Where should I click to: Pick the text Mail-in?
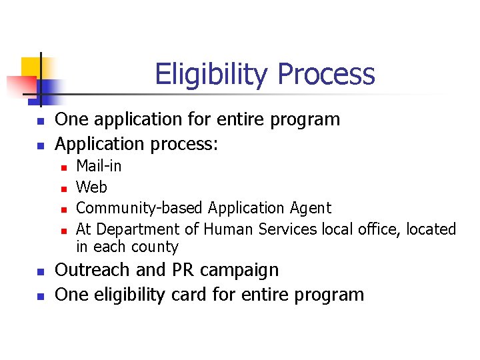point(99,166)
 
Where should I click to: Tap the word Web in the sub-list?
point(91,187)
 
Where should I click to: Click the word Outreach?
point(88,270)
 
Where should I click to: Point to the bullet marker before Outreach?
point(40,272)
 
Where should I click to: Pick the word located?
point(430,229)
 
